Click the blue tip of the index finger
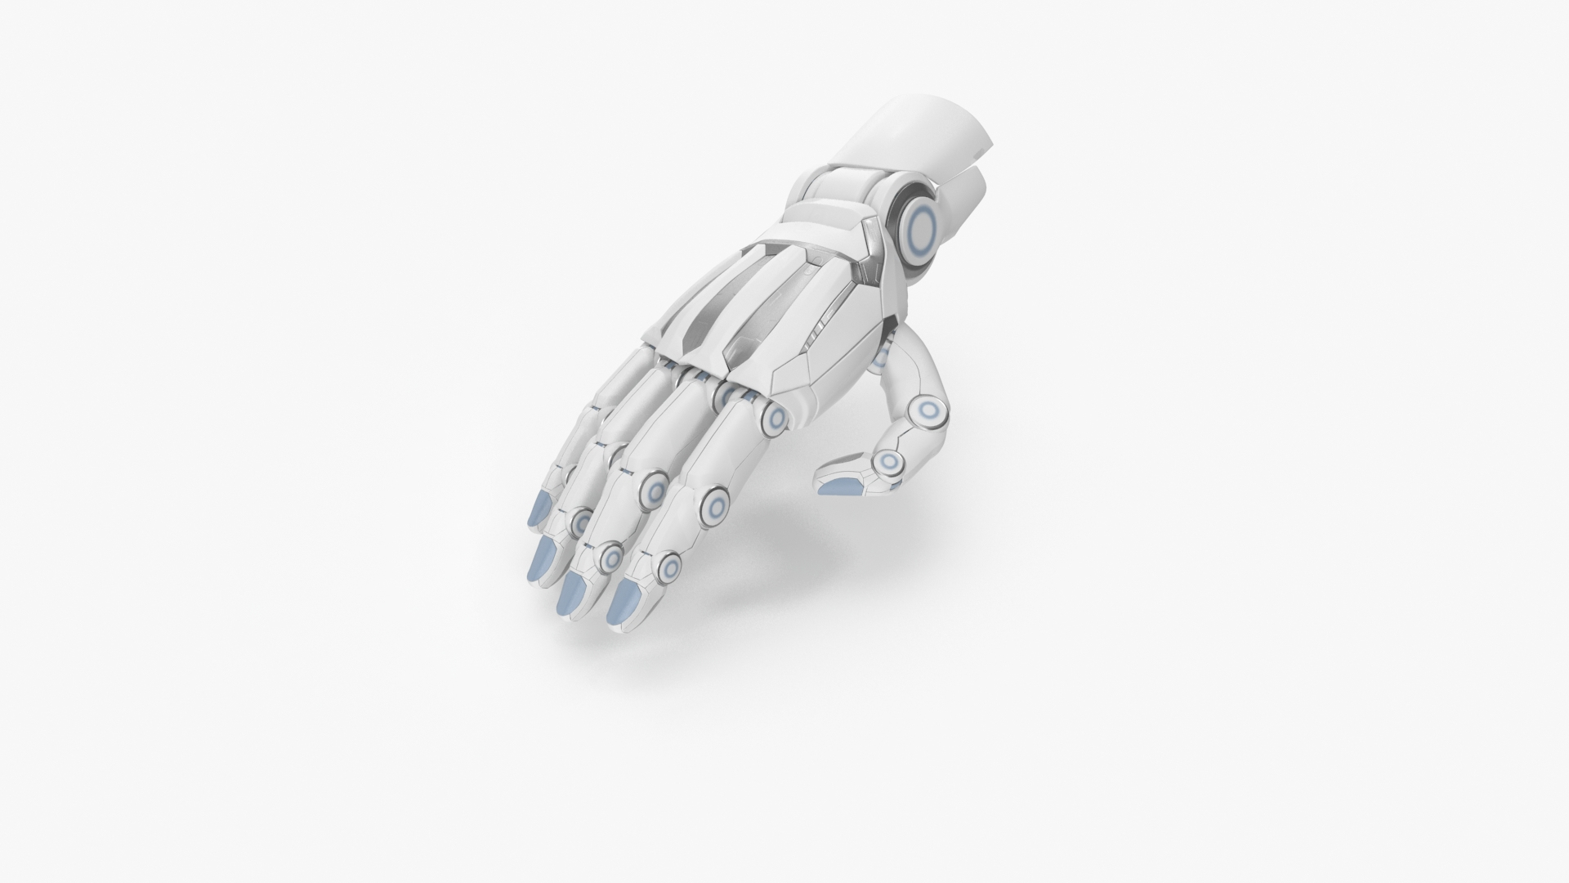pyautogui.click(x=625, y=603)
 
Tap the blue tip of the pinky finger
pyautogui.click(x=540, y=509)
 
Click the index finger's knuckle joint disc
pyautogui.click(x=774, y=419)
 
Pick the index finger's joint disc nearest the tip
pyautogui.click(x=669, y=567)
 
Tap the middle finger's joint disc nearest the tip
pyautogui.click(x=610, y=558)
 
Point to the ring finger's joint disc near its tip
pyautogui.click(x=581, y=520)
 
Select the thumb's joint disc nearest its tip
pyautogui.click(x=887, y=463)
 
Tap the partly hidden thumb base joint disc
pyautogui.click(x=881, y=357)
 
